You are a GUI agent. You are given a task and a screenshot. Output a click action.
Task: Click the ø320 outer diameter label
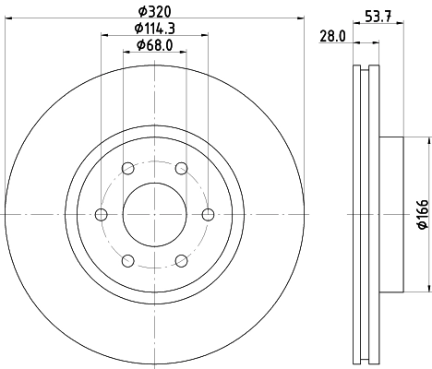[x=154, y=13]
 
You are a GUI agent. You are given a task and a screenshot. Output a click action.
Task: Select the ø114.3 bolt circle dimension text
[x=154, y=30]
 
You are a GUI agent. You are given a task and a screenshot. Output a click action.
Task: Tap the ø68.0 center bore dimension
[x=154, y=45]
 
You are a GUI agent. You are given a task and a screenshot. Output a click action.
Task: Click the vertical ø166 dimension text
[x=420, y=213]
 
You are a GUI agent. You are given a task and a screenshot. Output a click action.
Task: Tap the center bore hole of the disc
[x=154, y=214]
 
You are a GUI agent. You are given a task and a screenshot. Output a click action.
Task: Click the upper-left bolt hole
[x=127, y=168]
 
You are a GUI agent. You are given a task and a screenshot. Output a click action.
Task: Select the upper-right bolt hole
[x=181, y=168]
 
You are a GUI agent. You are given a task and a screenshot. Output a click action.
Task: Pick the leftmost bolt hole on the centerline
[x=101, y=214]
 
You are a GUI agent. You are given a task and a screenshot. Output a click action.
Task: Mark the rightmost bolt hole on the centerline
[x=208, y=214]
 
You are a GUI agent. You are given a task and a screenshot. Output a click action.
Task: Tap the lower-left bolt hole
[x=127, y=260]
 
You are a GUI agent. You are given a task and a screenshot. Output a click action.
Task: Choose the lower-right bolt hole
[x=181, y=260]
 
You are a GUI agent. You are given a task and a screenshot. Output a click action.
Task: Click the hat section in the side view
[x=391, y=213]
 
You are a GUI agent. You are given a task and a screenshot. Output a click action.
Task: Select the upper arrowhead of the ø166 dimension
[x=427, y=141]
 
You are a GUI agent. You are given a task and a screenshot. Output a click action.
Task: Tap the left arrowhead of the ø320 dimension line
[x=8, y=21]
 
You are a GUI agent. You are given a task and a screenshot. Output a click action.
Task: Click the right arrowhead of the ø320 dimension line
[x=300, y=21]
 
